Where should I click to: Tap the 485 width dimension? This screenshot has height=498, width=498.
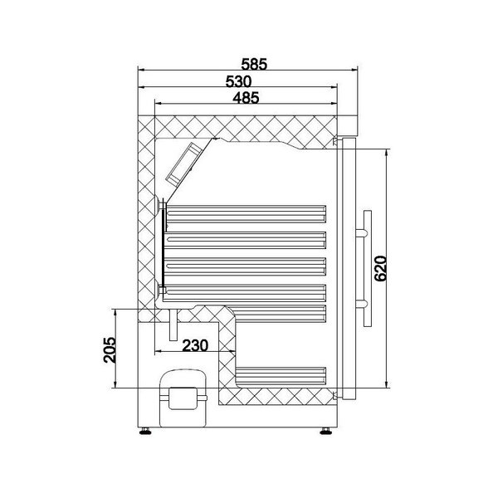pos(246,97)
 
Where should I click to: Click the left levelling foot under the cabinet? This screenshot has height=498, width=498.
pos(147,429)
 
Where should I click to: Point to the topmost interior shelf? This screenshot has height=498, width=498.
pos(246,212)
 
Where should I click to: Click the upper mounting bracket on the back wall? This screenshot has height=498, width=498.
pos(158,202)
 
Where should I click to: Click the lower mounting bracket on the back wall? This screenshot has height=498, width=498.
pos(158,290)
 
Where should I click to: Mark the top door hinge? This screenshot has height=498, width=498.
pos(336,143)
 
